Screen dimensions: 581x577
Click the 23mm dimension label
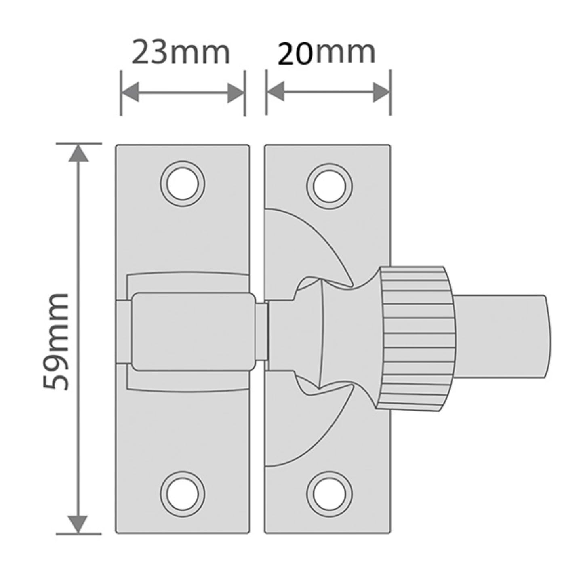(x=181, y=52)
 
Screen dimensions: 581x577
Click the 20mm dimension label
(x=326, y=52)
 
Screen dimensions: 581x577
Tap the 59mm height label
(x=56, y=341)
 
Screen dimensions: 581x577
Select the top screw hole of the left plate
(x=182, y=184)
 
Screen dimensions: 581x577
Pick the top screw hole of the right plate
(x=329, y=186)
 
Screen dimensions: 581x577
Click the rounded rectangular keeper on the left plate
(x=194, y=331)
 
